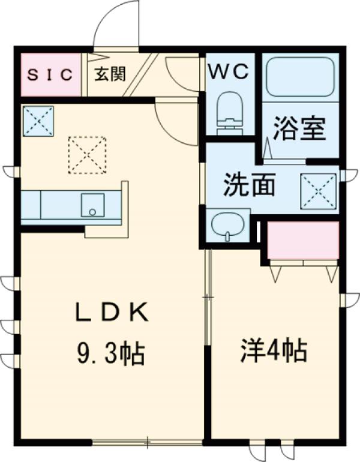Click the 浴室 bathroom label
tap(299, 128)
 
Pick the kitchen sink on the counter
tap(92, 205)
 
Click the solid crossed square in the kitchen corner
tap(38, 120)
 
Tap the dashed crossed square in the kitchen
tap(87, 155)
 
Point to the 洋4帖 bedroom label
tap(274, 350)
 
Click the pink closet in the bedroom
tap(302, 240)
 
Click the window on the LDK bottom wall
tap(147, 445)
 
